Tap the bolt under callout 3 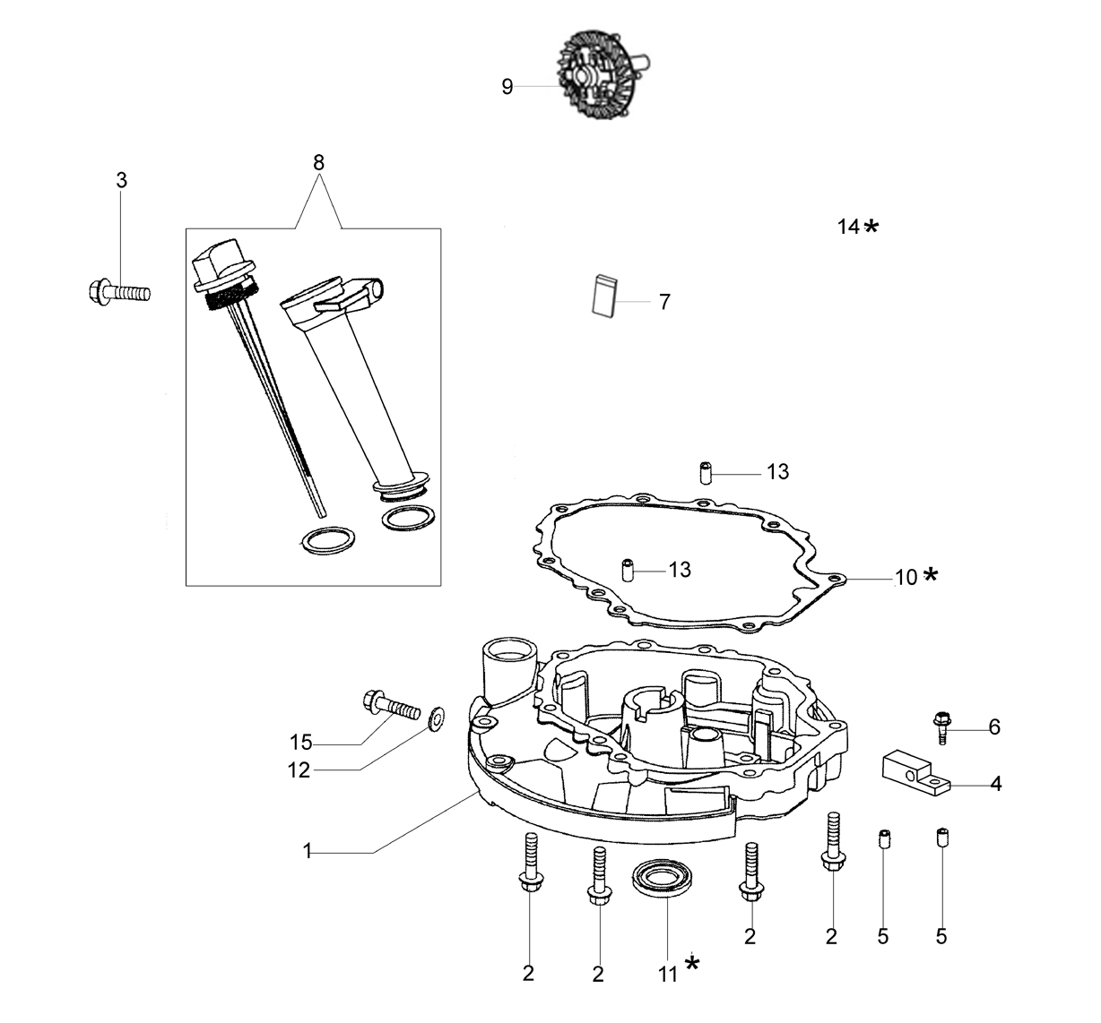[x=119, y=291]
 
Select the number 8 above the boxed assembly [x=318, y=162]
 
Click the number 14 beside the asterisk [x=848, y=227]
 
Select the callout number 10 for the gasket [x=906, y=578]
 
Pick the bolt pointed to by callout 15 [x=392, y=706]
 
